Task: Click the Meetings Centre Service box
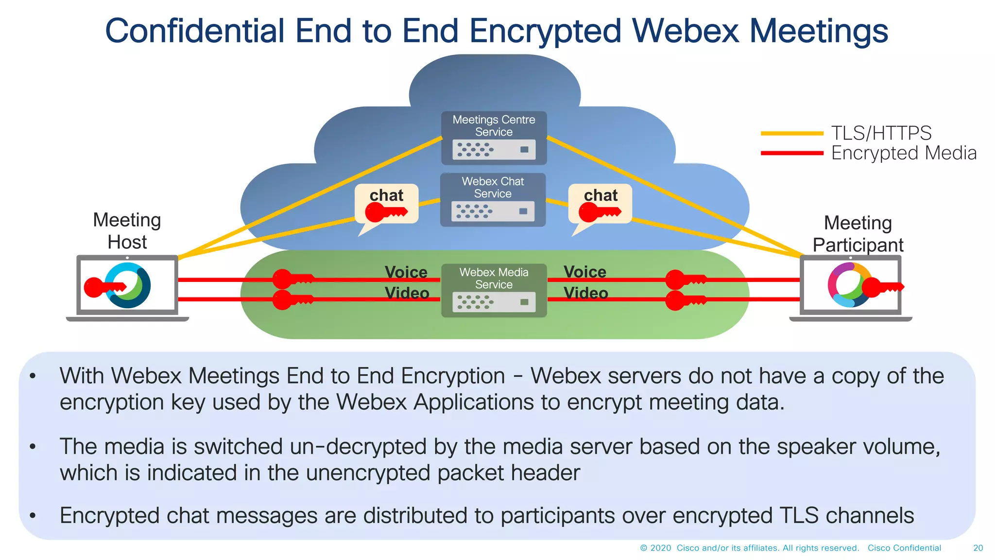(494, 138)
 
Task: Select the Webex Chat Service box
(493, 200)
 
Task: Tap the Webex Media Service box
(494, 290)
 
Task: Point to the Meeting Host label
(127, 231)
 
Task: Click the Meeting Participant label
(858, 234)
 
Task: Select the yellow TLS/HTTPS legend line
(792, 133)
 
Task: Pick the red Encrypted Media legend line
(792, 153)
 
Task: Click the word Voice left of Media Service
(406, 272)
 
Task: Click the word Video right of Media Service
(586, 293)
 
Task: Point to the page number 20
(978, 548)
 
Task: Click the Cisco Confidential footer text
(904, 548)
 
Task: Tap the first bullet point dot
(33, 376)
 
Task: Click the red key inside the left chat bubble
(385, 212)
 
